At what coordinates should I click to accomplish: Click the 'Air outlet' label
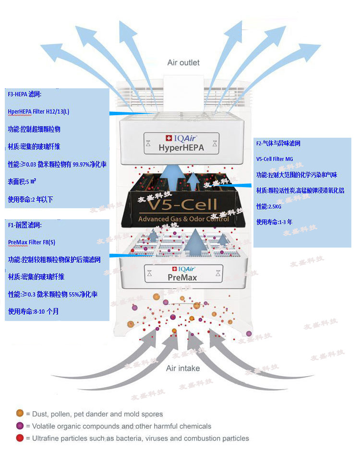pos(183,62)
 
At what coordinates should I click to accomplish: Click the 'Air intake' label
pos(183,368)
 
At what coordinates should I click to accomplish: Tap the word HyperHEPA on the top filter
pos(181,148)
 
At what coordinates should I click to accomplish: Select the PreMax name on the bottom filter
pos(182,277)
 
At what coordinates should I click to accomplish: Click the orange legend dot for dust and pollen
pos(20,413)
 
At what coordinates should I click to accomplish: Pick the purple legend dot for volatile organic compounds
pos(20,426)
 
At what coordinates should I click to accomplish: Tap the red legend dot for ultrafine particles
pos(20,438)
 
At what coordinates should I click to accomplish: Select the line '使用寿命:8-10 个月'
pos(33,311)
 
